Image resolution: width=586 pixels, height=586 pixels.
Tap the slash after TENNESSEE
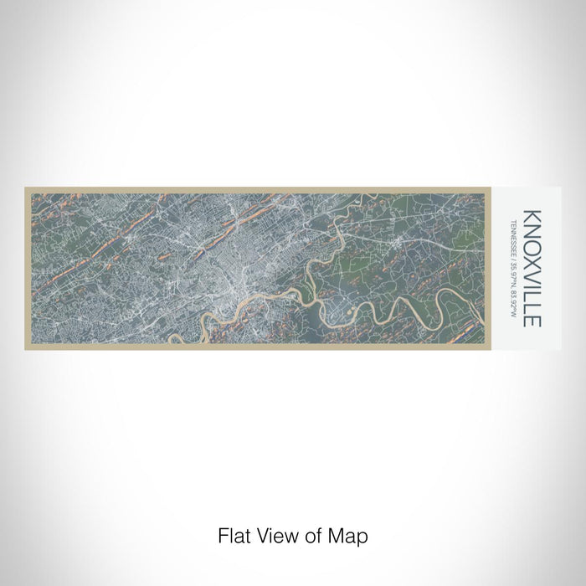[x=513, y=257]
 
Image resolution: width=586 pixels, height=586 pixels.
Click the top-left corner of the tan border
[x=26, y=188]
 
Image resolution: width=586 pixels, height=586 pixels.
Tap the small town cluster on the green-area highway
[x=401, y=243]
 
